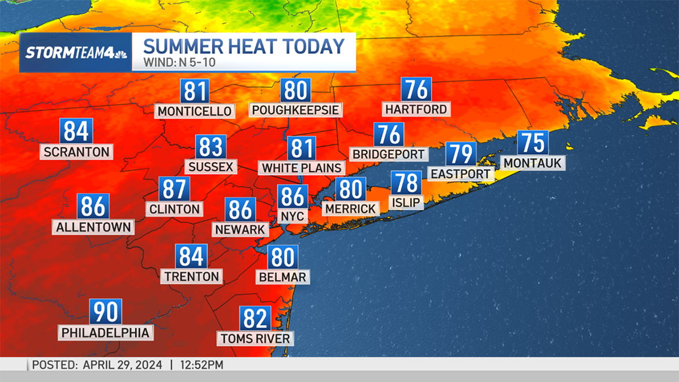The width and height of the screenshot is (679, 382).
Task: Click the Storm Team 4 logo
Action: click(x=76, y=53)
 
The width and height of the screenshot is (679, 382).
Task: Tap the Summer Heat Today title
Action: click(x=243, y=46)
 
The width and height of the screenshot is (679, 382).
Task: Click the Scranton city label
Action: click(x=76, y=152)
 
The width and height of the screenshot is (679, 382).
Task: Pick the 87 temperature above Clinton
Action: click(x=174, y=189)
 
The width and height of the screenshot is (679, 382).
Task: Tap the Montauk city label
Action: click(x=532, y=163)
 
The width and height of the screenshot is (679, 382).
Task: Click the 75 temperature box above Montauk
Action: click(x=533, y=143)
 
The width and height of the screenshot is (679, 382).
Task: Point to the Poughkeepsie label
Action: click(x=295, y=109)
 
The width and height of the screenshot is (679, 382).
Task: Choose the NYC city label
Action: click(x=293, y=216)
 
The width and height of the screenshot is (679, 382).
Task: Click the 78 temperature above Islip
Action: click(x=406, y=183)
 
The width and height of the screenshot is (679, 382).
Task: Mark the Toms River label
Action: click(x=255, y=338)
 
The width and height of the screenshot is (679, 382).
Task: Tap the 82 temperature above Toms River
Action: click(x=255, y=319)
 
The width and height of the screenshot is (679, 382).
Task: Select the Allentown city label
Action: click(x=94, y=228)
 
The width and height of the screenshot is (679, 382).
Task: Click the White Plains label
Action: click(x=302, y=168)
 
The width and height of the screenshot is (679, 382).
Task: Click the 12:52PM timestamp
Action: click(x=202, y=365)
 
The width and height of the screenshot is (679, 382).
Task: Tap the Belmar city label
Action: click(x=282, y=277)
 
